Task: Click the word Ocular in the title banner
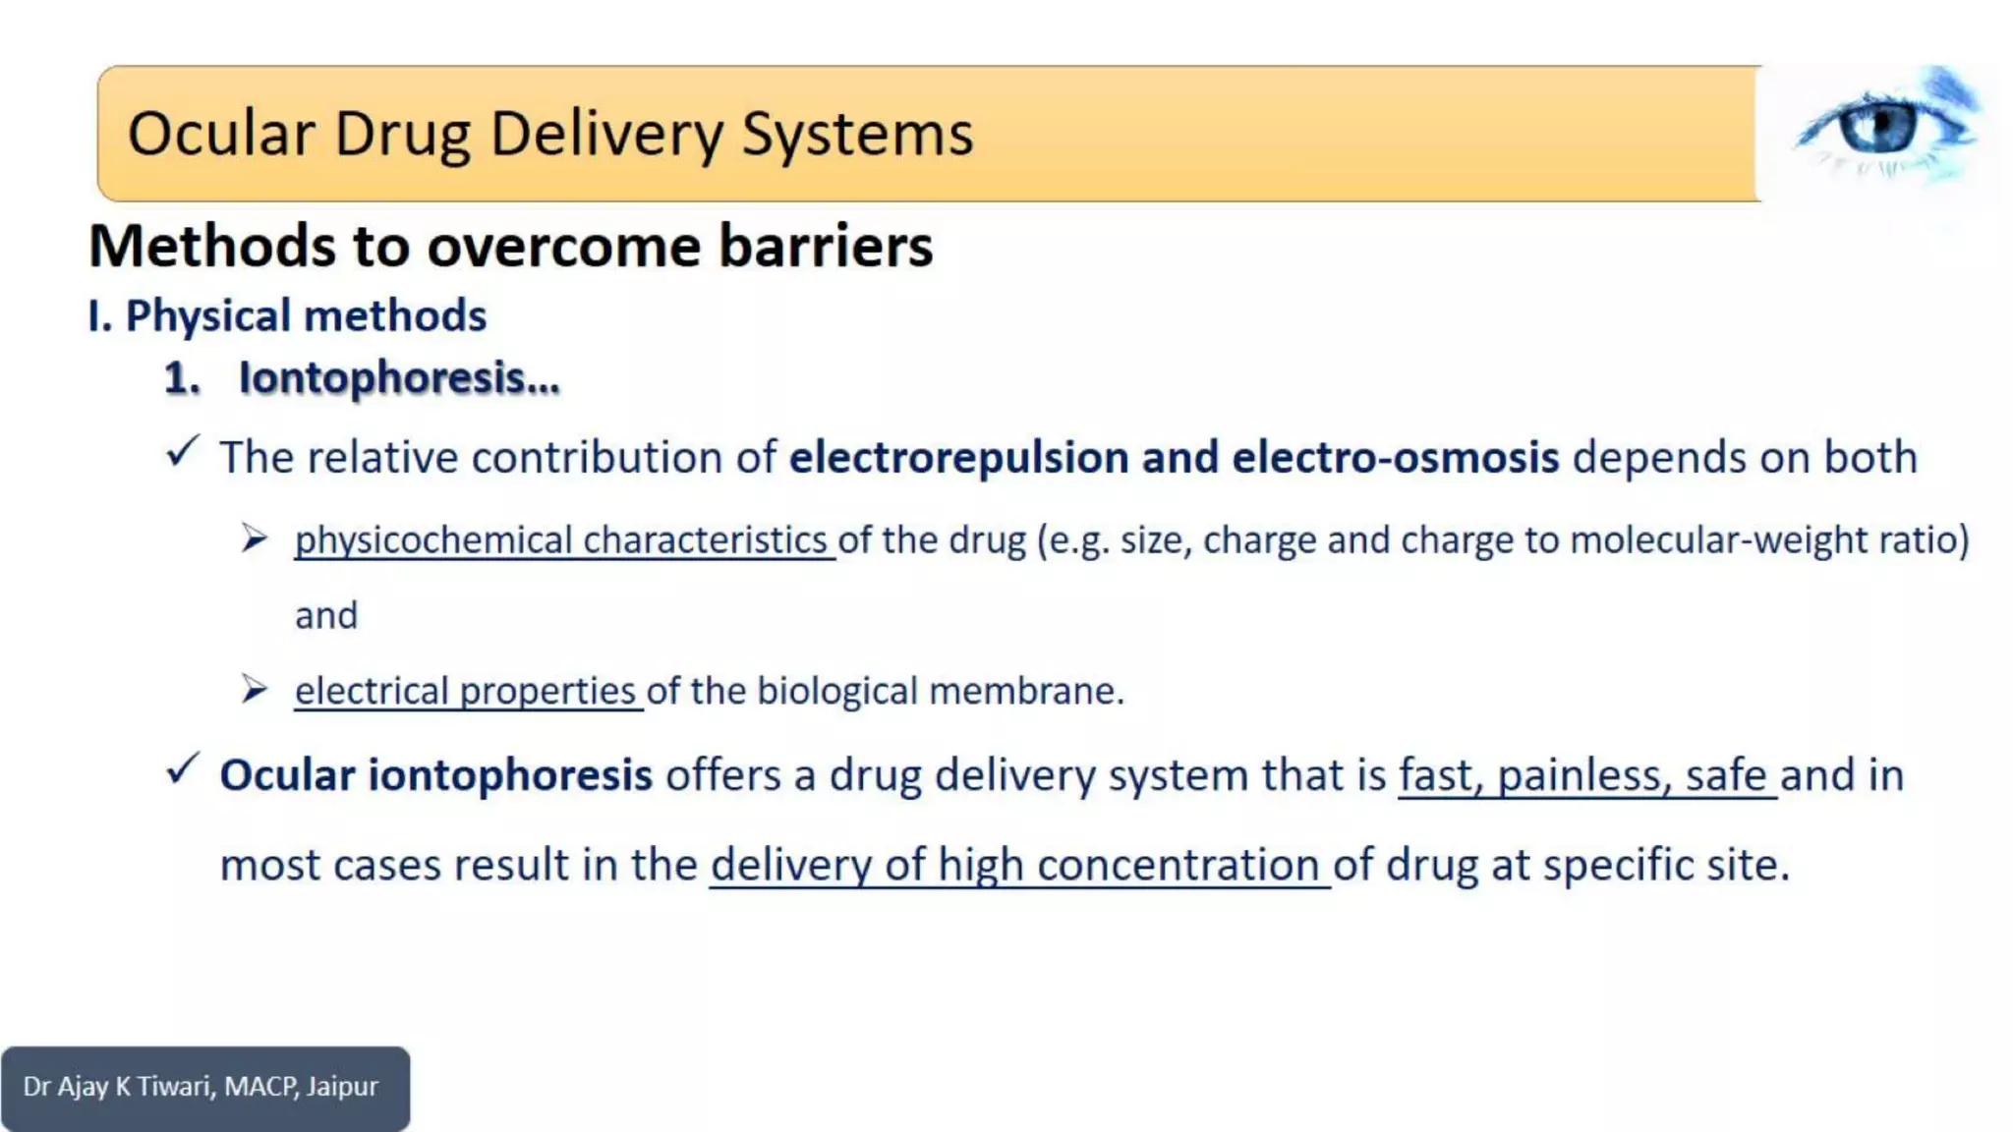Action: coord(221,134)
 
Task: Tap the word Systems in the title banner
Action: coord(857,134)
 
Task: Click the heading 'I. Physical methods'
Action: coord(287,316)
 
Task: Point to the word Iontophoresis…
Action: coord(399,378)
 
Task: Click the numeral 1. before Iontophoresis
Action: coord(182,378)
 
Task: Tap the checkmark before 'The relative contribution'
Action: coord(183,451)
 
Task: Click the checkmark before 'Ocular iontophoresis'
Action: coord(183,768)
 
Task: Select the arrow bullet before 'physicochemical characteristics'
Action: coord(255,538)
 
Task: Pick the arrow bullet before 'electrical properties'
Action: coord(255,690)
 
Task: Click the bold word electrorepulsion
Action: coord(958,458)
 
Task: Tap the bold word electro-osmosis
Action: coord(1395,458)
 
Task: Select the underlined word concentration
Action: coord(1178,866)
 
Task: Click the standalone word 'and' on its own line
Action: coord(326,616)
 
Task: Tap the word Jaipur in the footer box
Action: coord(342,1087)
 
